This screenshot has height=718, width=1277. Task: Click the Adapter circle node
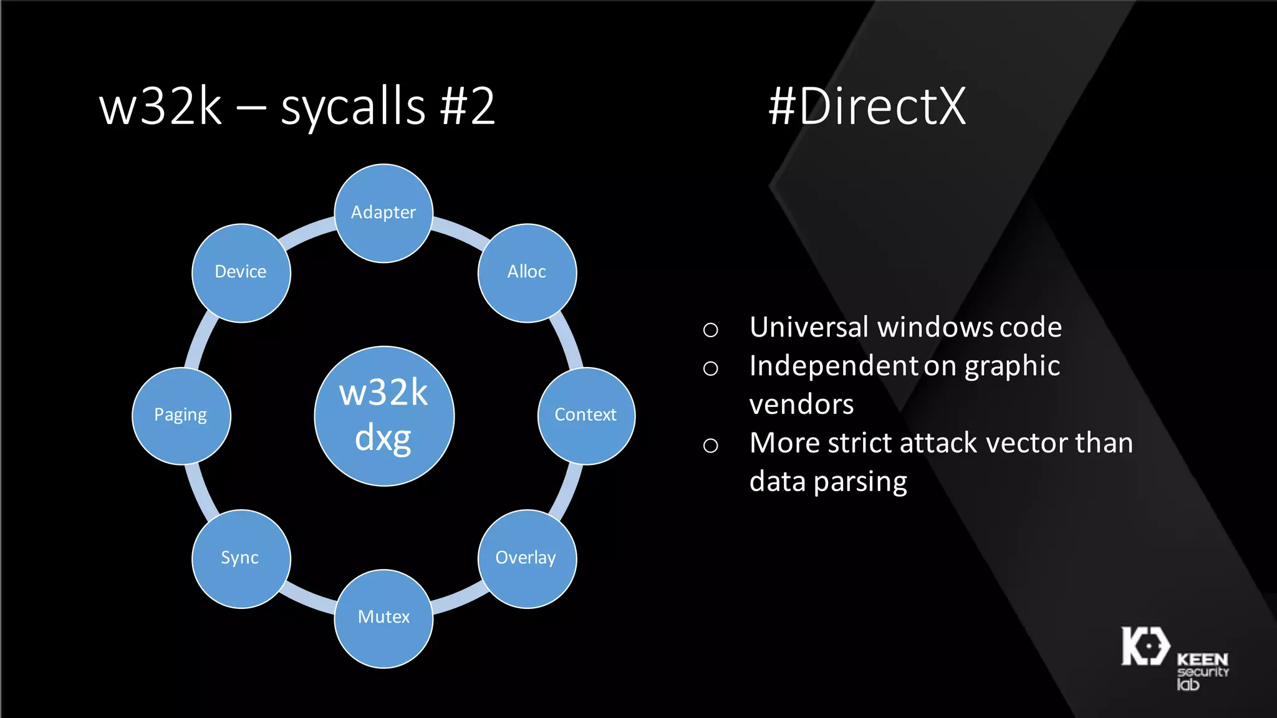pos(383,213)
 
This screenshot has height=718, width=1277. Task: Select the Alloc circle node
pos(527,272)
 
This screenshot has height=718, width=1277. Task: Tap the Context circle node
pos(586,415)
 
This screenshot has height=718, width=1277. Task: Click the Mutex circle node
pos(383,618)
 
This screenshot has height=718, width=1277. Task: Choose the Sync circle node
pos(241,558)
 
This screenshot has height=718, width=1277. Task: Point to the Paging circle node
pos(181,415)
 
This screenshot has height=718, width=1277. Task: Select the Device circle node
pos(241,272)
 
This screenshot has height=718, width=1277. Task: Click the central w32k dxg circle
pos(384,416)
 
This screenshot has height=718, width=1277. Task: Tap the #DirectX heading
pos(867,107)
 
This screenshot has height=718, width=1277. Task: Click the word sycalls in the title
pos(353,107)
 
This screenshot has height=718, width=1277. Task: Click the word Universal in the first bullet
pos(809,327)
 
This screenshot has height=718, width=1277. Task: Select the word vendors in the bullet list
pos(801,405)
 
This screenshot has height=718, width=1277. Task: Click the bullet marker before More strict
pos(710,445)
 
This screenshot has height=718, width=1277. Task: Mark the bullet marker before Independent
pos(710,368)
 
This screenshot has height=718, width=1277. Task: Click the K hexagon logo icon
pos(1145,646)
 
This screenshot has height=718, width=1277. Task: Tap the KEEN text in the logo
pos(1202,659)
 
